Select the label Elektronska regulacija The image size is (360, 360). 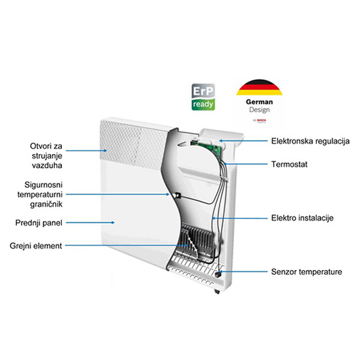[310, 141]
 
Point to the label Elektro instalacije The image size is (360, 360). [302, 217]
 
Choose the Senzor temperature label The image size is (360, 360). [307, 272]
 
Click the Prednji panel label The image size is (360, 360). [37, 223]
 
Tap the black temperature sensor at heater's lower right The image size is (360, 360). [217, 274]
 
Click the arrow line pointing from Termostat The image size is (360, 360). [246, 164]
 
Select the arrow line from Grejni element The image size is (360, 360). [120, 245]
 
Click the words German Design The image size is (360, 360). [258, 106]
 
